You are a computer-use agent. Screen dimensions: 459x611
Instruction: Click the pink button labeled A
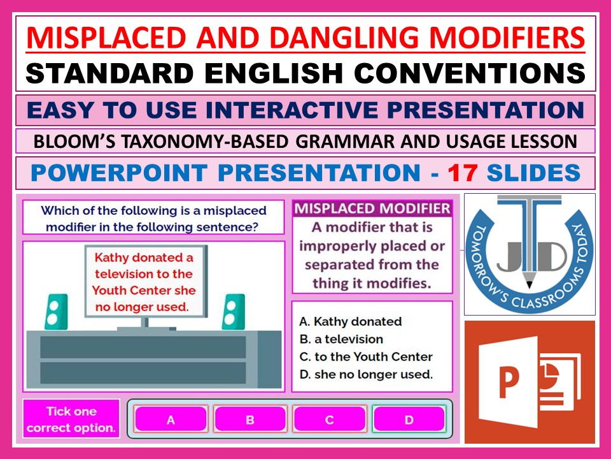(171, 419)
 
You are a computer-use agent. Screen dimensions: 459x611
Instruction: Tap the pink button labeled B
(250, 419)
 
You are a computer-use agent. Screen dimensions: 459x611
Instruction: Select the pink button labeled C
(329, 419)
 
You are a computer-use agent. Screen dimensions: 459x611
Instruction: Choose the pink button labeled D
(409, 419)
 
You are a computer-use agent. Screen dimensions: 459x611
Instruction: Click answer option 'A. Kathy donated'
(351, 321)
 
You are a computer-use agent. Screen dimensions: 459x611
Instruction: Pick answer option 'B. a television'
(341, 339)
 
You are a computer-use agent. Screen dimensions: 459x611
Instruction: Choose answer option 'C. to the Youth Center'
(366, 357)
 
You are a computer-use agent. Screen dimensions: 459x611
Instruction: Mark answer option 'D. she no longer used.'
(366, 375)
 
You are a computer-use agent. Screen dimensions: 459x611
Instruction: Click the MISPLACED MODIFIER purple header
(372, 209)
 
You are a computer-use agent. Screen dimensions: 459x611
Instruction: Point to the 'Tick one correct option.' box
(71, 419)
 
